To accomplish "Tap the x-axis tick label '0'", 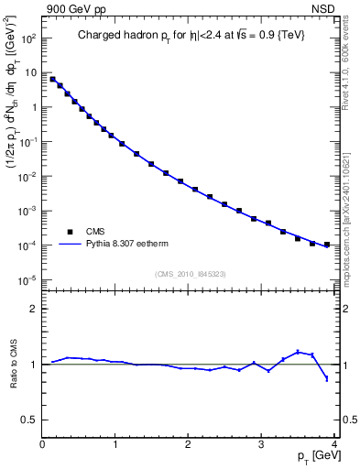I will pos(42,445).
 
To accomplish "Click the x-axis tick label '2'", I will pos(188,445).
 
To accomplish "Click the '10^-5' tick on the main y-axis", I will pos(27,280).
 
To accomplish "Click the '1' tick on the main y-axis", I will pos(33,107).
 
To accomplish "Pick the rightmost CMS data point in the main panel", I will pos(326,245).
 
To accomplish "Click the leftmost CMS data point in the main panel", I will pos(53,79).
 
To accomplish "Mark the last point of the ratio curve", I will pos(326,378).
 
